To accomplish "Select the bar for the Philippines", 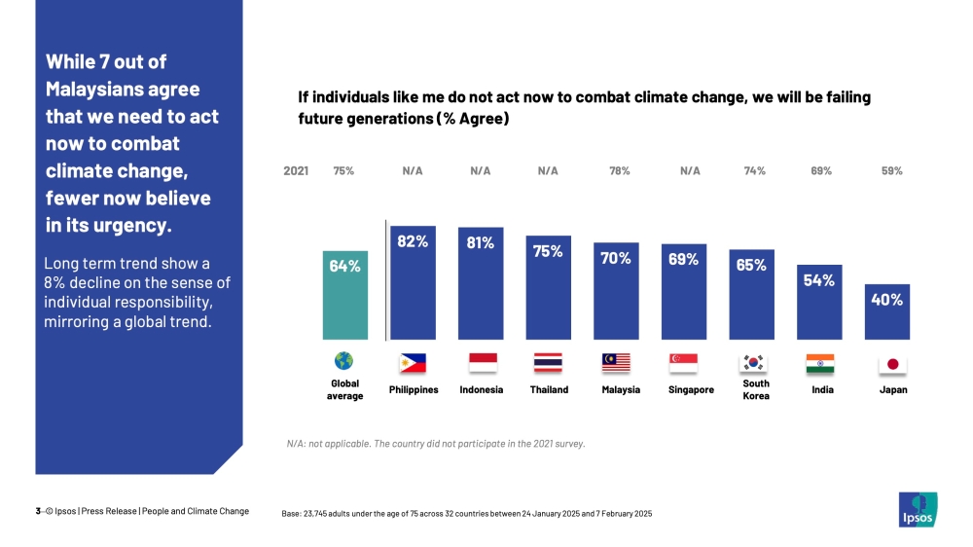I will coord(413,283).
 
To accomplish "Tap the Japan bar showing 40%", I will coord(886,311).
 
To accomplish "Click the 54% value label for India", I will coord(819,280).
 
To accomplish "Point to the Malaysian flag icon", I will coord(616,363).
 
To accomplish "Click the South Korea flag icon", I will coord(754,362).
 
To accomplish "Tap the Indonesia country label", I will coord(481,390).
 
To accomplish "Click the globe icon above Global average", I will coord(343,362).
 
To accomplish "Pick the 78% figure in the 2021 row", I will coord(620,171).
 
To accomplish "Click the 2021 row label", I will coord(296,171).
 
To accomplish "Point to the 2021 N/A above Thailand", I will coord(548,171).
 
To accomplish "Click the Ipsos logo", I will coord(917,509).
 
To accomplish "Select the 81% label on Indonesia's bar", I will coord(480,243).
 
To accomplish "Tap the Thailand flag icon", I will coord(548,363).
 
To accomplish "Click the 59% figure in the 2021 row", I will coord(891,171).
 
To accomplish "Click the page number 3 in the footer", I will coord(37,511).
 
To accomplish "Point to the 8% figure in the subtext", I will coord(56,283).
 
